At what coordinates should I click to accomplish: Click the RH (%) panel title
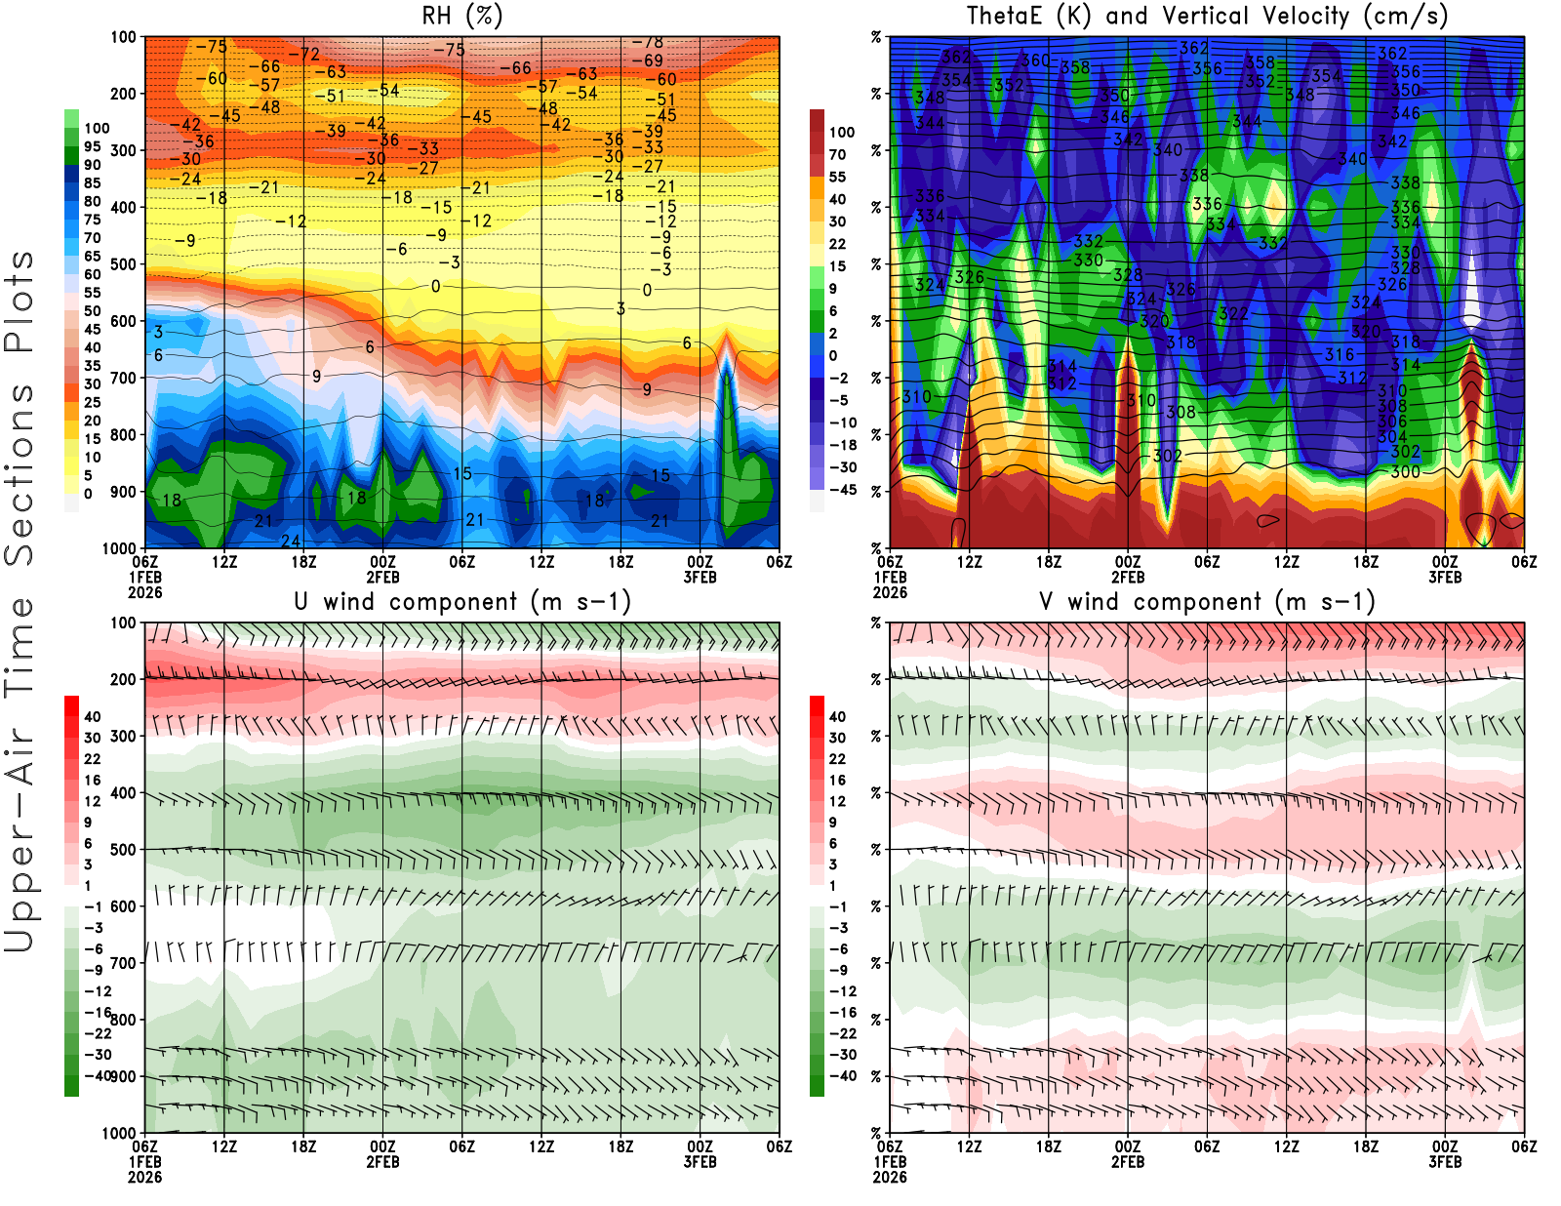461,17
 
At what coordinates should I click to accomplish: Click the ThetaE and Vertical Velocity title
1207,17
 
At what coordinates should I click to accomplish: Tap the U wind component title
461,602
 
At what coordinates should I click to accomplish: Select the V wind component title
1207,602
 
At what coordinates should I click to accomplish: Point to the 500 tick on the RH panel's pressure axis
124,264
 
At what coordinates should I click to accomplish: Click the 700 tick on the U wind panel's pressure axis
124,963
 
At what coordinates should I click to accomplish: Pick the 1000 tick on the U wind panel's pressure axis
120,1134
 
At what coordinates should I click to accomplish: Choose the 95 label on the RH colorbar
93,146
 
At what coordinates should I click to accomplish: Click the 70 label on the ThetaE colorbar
837,154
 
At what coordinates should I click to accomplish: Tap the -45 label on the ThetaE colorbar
842,490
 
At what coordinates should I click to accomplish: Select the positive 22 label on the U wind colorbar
93,759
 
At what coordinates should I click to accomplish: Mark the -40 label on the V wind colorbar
842,1076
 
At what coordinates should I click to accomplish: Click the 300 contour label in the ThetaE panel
1405,472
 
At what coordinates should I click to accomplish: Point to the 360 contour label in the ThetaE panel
1035,60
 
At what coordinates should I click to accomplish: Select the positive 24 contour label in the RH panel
291,542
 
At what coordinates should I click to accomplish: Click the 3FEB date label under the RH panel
700,577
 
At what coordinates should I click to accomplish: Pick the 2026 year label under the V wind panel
890,1177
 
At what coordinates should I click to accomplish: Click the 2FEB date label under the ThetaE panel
1128,577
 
